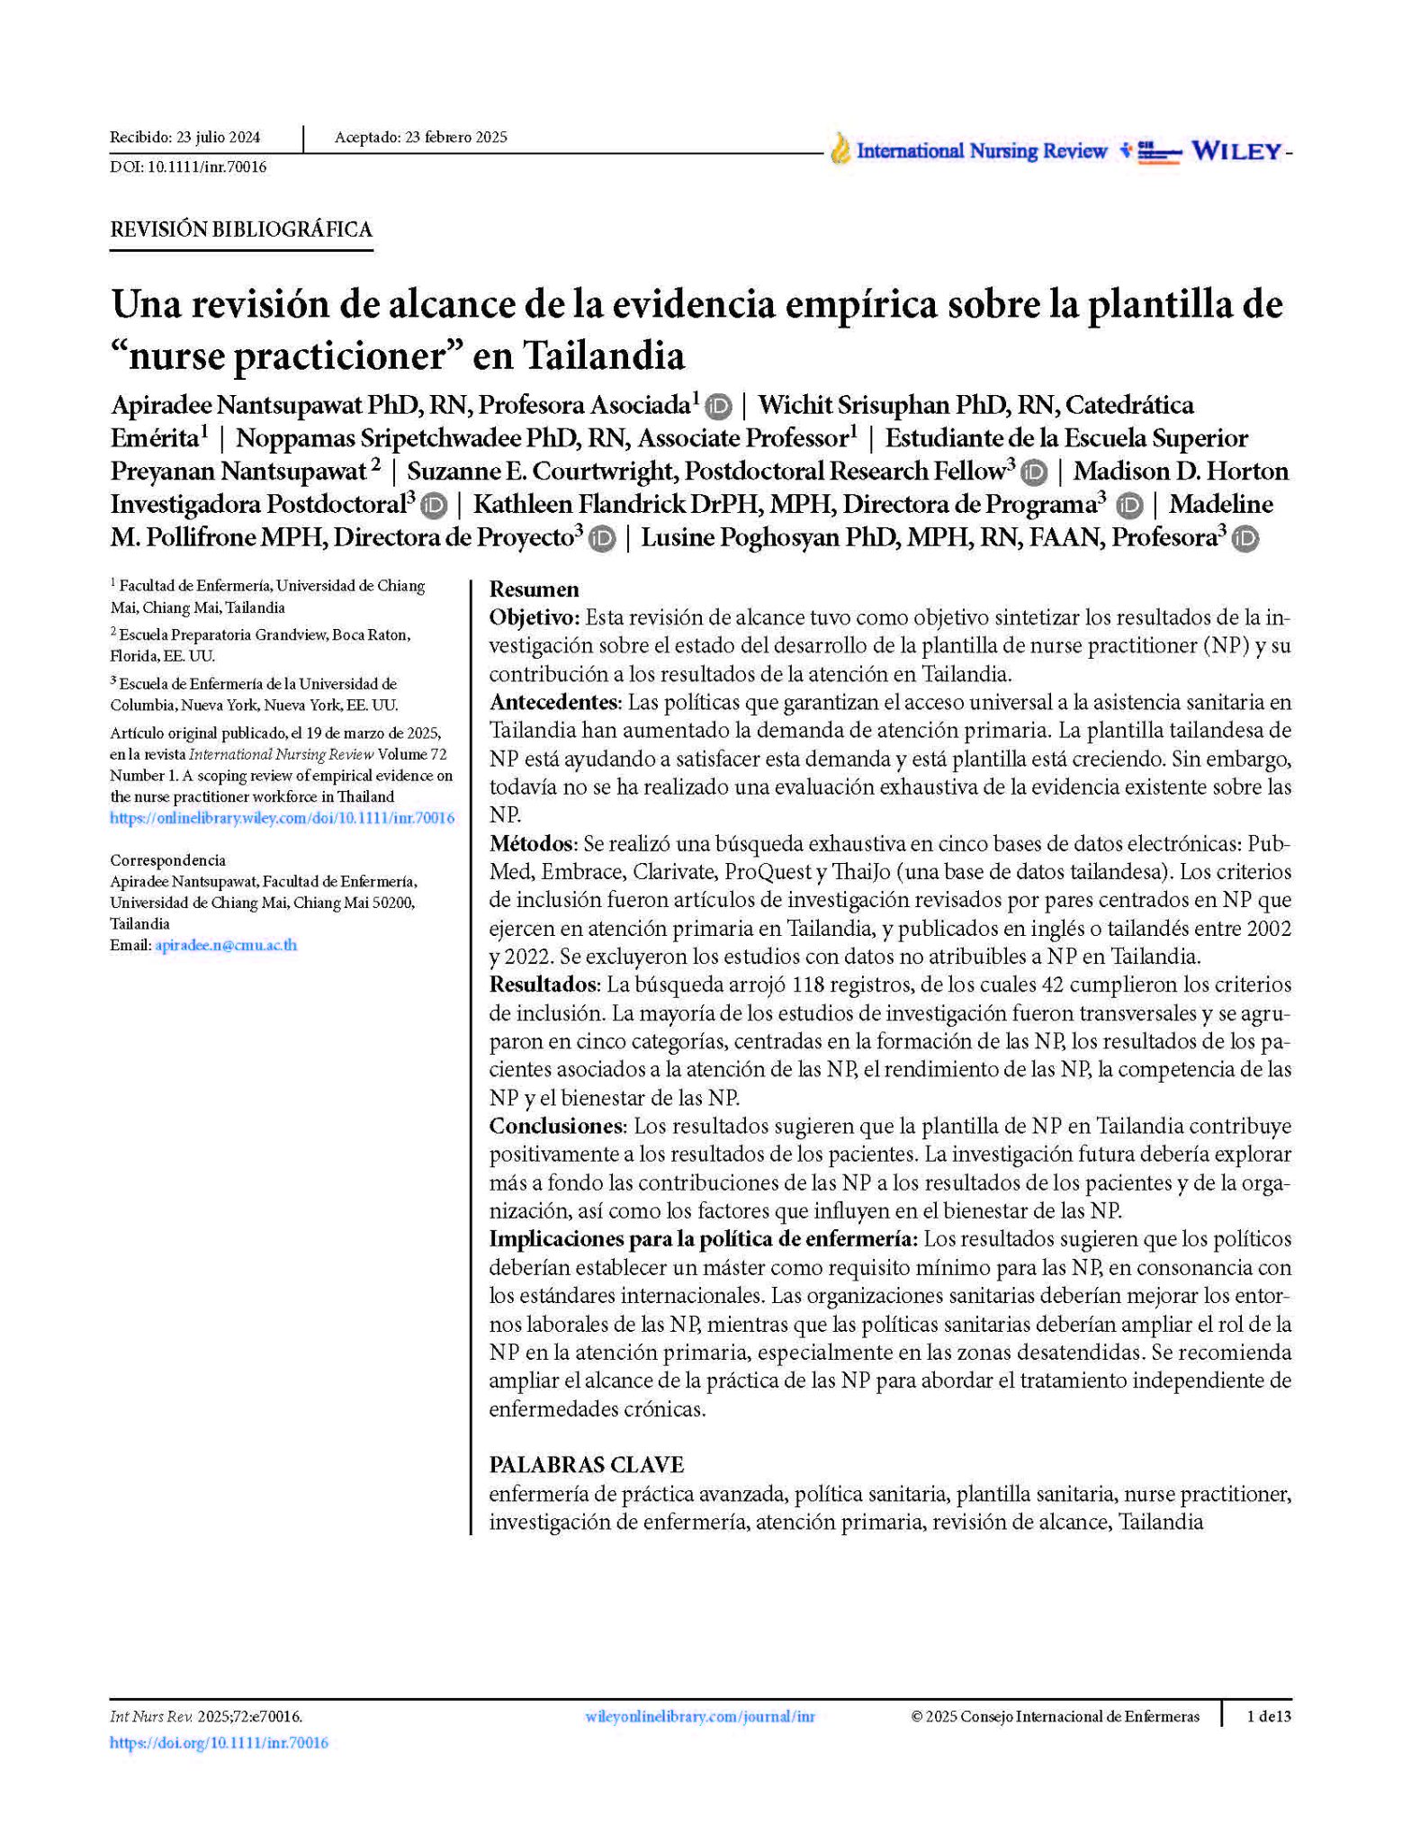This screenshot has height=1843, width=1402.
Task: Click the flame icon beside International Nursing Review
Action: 840,149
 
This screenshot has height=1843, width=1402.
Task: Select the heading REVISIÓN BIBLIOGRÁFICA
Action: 241,229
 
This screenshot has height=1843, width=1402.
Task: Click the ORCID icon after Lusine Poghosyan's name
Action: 1245,539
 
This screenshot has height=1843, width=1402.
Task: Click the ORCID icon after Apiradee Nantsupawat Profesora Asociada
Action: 718,407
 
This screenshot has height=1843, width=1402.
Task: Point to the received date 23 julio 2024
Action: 218,138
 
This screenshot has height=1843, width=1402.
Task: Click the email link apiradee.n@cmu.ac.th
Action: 226,945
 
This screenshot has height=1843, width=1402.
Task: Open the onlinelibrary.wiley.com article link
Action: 282,818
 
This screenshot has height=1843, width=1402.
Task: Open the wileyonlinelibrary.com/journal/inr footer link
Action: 700,1716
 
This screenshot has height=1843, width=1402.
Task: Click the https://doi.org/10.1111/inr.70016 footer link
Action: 219,1742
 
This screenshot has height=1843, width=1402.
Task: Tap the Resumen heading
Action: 534,589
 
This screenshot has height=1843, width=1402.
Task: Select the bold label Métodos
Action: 531,843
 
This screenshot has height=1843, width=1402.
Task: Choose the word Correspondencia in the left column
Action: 167,859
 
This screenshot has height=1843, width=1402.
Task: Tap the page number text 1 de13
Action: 1268,1716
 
